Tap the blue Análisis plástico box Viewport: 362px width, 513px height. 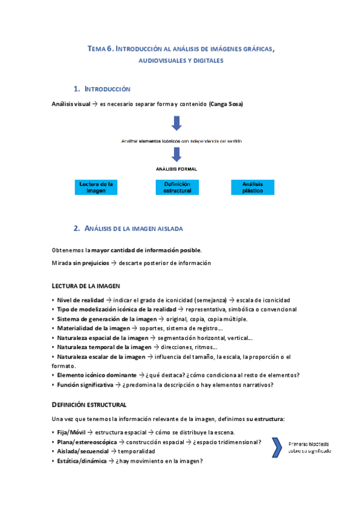(252, 186)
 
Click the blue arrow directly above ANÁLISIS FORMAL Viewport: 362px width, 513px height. (176, 156)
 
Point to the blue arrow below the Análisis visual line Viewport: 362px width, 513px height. (176, 123)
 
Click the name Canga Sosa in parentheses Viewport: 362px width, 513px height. (226, 104)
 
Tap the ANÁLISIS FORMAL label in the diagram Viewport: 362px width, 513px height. (176, 169)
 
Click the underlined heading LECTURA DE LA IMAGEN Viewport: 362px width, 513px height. (86, 285)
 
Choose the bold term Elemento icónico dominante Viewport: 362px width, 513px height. (96, 374)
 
